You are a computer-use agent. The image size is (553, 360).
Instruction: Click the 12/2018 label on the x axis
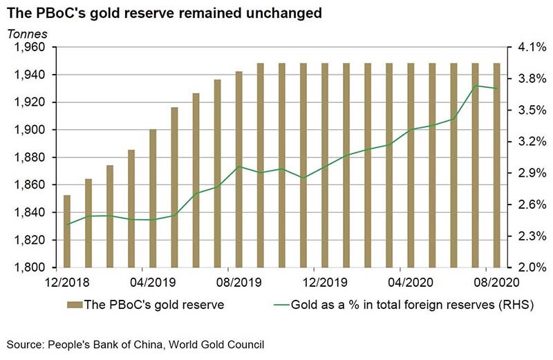[66, 282]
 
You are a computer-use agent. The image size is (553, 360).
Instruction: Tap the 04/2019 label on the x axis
[153, 282]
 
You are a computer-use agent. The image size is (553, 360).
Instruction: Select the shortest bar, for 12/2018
[67, 231]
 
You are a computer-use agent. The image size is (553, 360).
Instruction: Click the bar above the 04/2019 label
[153, 198]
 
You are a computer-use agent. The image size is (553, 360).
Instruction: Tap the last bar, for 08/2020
[496, 166]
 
